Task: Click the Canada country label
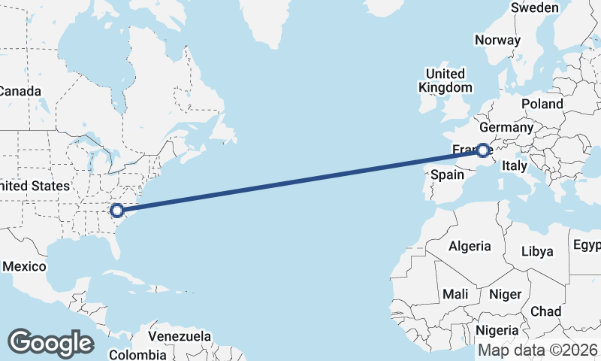[20, 91]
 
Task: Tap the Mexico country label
[24, 266]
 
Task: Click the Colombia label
[137, 354]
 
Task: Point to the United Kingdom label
[445, 80]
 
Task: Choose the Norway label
[497, 41]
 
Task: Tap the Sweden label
[534, 8]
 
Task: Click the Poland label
[542, 104]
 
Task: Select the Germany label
[506, 127]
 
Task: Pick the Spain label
[447, 174]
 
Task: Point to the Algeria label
[470, 246]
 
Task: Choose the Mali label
[456, 293]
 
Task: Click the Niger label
[505, 294]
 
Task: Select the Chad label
[545, 311]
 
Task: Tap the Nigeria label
[497, 330]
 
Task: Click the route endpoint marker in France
[483, 150]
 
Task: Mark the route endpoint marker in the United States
[116, 211]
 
